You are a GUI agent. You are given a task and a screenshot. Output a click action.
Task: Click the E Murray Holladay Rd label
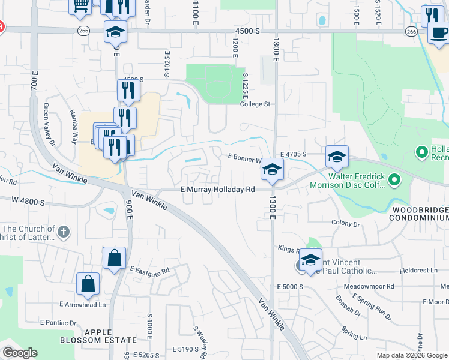tap(218, 189)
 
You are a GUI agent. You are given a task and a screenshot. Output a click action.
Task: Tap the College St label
tap(256, 104)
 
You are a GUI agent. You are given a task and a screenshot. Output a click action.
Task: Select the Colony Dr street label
tap(345, 223)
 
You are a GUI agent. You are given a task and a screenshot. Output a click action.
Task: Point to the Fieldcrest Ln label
tap(418, 271)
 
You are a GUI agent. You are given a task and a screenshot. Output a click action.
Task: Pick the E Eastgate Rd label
tap(149, 271)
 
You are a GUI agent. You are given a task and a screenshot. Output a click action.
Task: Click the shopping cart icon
tap(80, 5)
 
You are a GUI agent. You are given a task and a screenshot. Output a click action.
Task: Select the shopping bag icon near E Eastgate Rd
tap(114, 259)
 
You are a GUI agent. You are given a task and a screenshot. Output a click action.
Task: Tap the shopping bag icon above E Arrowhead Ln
tap(88, 284)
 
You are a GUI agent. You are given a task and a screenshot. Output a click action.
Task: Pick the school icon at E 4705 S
tap(337, 157)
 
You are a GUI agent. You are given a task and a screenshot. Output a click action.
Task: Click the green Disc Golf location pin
tap(394, 179)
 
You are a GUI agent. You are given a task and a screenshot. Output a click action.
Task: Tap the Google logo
tap(20, 353)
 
